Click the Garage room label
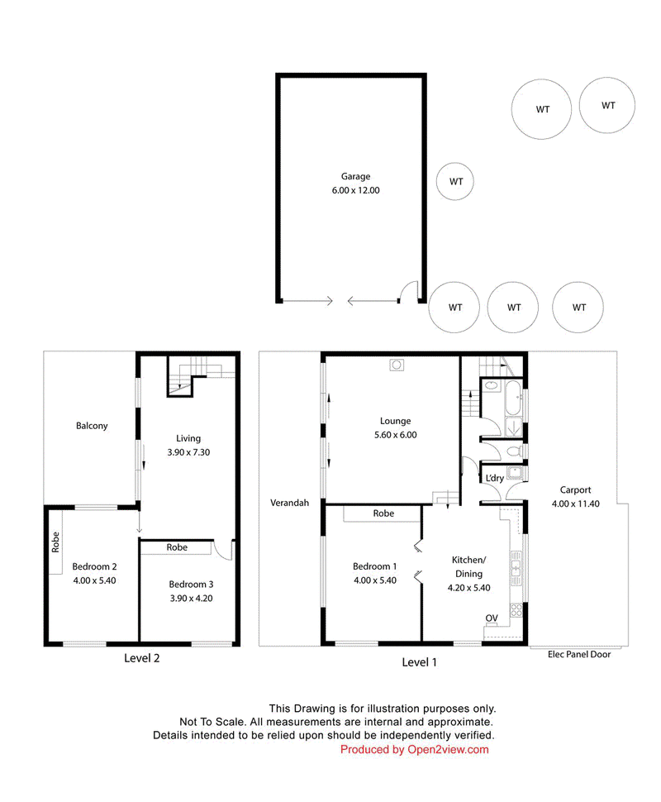(x=355, y=176)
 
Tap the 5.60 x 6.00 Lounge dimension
(x=395, y=435)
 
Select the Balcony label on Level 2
(x=92, y=426)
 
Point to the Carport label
(x=575, y=490)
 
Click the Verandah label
(x=289, y=503)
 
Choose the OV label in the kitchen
(x=492, y=618)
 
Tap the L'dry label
(x=494, y=478)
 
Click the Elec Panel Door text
(x=578, y=654)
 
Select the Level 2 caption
(x=141, y=658)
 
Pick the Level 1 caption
(x=419, y=662)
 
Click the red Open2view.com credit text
(x=448, y=749)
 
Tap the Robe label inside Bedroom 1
(x=383, y=513)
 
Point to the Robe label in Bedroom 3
(x=177, y=547)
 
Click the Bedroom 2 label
(x=94, y=566)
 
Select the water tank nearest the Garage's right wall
(x=455, y=182)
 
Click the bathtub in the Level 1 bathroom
(x=513, y=398)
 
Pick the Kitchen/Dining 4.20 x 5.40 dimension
(x=468, y=588)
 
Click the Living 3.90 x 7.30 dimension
(x=188, y=452)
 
